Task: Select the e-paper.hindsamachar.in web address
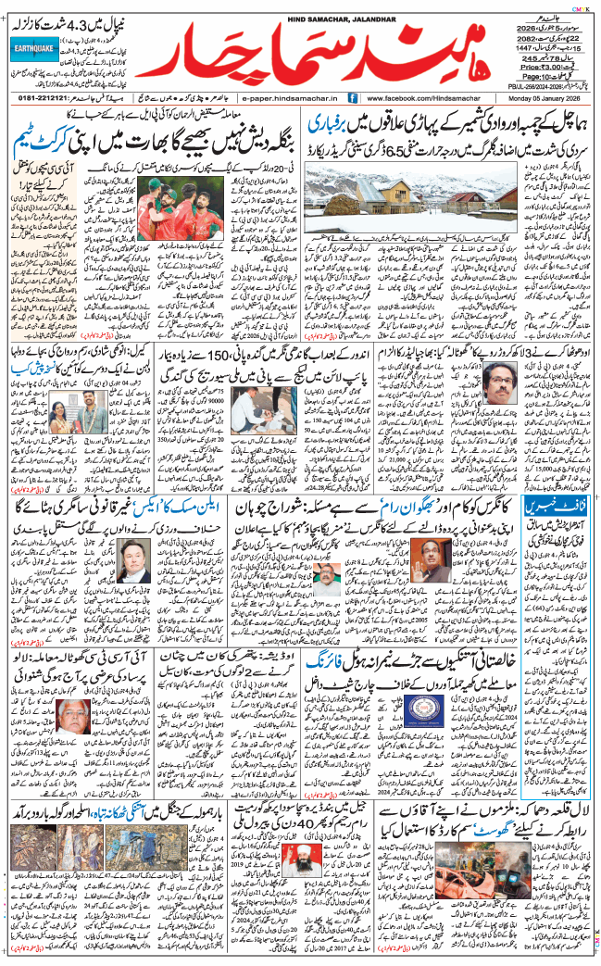(288, 98)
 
